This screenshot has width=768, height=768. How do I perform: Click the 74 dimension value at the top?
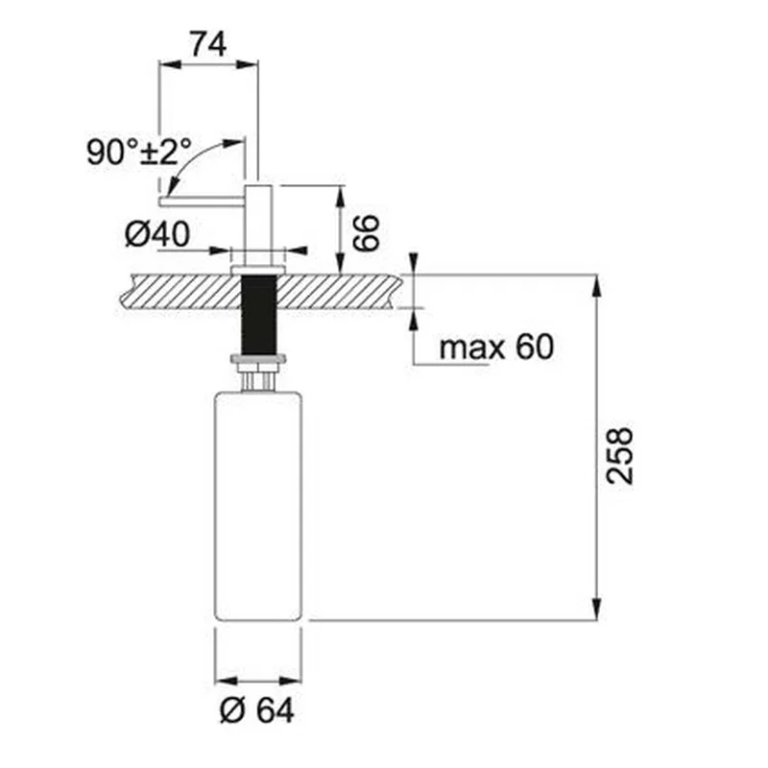click(208, 44)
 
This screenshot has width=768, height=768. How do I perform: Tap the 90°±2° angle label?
click(139, 152)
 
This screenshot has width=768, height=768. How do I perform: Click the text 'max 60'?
click(496, 347)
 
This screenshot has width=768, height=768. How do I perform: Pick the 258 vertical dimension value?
click(619, 456)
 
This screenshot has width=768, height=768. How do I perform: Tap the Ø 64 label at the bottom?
click(257, 710)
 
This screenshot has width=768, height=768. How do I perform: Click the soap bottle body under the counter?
click(258, 507)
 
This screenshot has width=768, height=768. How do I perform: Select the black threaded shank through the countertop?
click(259, 314)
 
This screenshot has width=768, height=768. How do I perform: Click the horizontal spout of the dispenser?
click(202, 202)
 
